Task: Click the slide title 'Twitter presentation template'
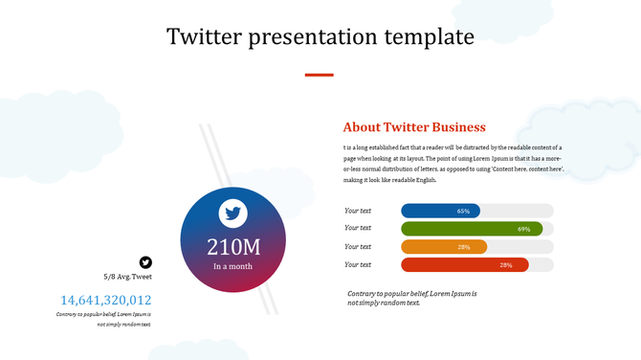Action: point(320,37)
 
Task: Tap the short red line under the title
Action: point(319,74)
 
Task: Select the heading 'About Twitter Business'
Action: point(414,127)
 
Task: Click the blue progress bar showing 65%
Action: point(440,211)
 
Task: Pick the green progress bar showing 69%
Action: point(472,229)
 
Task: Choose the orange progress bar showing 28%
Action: point(444,247)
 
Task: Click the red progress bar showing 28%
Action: point(464,265)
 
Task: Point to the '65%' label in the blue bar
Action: point(463,211)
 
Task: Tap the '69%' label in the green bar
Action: point(523,229)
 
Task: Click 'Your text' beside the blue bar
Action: point(358,210)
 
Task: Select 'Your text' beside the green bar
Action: point(358,228)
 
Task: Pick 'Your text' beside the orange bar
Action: point(358,246)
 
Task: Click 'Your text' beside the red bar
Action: point(358,264)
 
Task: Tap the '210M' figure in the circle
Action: point(233,246)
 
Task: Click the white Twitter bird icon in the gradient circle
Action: point(233,213)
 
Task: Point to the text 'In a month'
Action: point(233,266)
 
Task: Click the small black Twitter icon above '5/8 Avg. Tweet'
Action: point(145,261)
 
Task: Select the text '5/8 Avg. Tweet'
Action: point(128,277)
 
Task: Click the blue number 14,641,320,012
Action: point(105,300)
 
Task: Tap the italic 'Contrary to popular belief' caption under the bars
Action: point(411,297)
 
